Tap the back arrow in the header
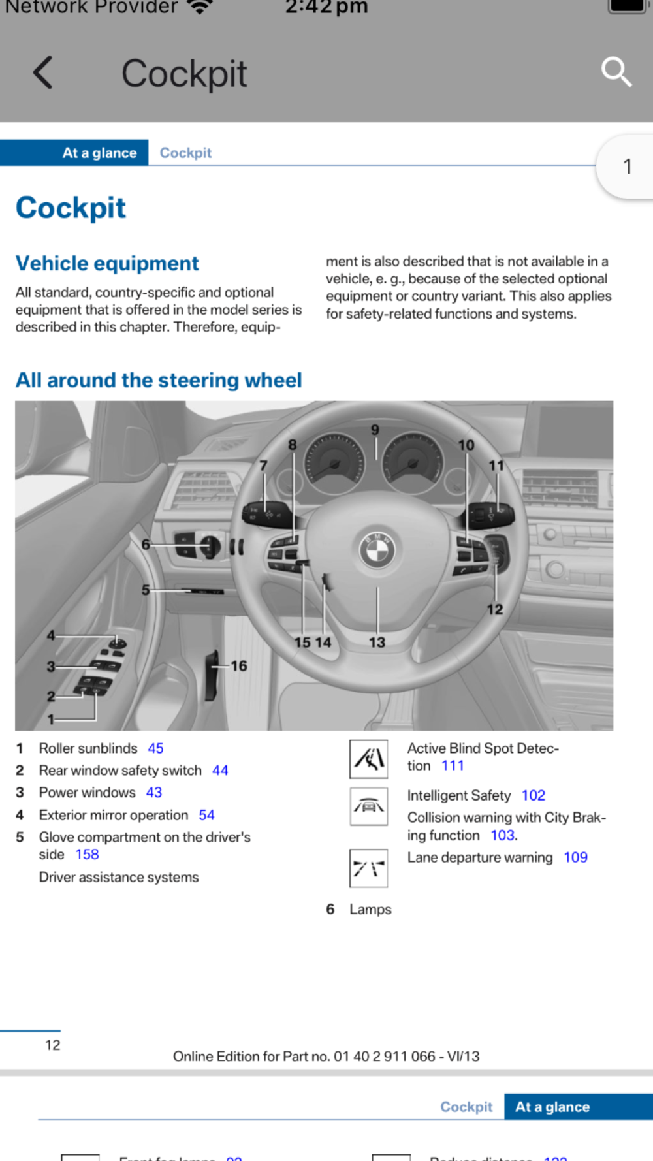pos(43,72)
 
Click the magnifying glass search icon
pos(616,72)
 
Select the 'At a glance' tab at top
pos(99,153)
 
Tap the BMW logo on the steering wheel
pos(377,550)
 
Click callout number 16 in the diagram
pos(239,666)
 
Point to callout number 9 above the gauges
pos(375,430)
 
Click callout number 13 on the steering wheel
pos(377,643)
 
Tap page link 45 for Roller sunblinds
pos(155,748)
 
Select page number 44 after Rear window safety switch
pos(220,771)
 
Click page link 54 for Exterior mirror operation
pos(206,815)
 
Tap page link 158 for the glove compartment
pos(87,854)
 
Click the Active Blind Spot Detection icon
pos(368,759)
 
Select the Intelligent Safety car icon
pos(368,806)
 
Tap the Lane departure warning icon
pos(368,868)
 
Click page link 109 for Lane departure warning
pos(575,857)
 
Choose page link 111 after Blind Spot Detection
pos(453,765)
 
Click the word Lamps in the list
pos(370,909)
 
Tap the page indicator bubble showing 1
pos(627,167)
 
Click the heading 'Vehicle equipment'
pos(107,263)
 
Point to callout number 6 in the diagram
pos(146,544)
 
